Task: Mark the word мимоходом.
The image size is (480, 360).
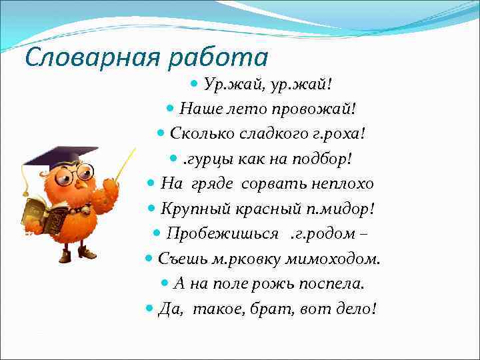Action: (x=334, y=259)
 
